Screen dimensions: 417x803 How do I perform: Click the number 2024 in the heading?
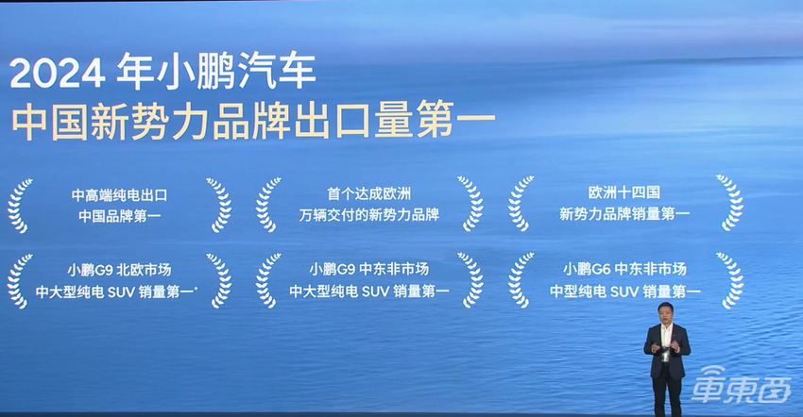58,74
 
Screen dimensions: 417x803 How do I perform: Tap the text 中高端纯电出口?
119,194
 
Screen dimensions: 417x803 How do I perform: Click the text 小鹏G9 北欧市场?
119,269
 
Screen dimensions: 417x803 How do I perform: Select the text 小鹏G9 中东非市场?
369,269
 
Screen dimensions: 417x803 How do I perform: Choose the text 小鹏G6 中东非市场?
624,269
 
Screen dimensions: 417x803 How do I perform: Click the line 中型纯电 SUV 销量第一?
624,292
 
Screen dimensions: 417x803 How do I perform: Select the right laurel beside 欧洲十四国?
728,204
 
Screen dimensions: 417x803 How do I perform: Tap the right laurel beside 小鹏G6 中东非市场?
728,280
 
